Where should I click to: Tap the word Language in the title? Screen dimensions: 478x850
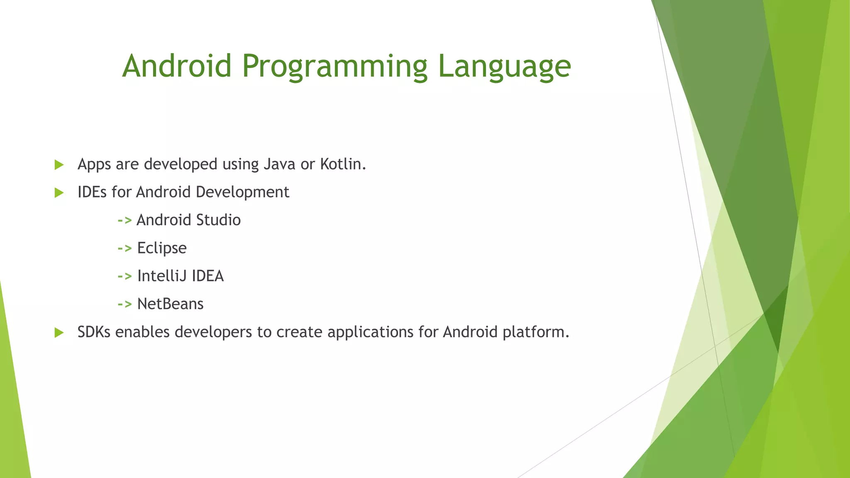click(x=504, y=66)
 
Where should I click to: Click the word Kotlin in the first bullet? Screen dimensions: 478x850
click(x=342, y=164)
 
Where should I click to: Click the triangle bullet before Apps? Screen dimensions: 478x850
click(x=59, y=165)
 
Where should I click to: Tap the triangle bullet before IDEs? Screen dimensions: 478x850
click(x=59, y=193)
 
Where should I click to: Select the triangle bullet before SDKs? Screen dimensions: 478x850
click(x=59, y=332)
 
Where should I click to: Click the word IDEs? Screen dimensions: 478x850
click(x=92, y=192)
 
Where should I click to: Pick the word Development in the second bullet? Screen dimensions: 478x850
click(x=242, y=193)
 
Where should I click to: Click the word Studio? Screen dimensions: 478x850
click(x=218, y=220)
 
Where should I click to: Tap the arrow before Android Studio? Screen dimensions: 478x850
click(x=124, y=220)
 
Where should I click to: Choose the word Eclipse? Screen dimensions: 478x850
click(x=162, y=248)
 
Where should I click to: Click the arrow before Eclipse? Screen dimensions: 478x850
click(x=124, y=249)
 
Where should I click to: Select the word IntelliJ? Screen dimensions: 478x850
click(x=160, y=276)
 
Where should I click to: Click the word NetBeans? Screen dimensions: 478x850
click(x=170, y=304)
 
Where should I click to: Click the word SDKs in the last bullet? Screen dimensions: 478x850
click(x=94, y=332)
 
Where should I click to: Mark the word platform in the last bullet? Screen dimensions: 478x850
click(x=535, y=332)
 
